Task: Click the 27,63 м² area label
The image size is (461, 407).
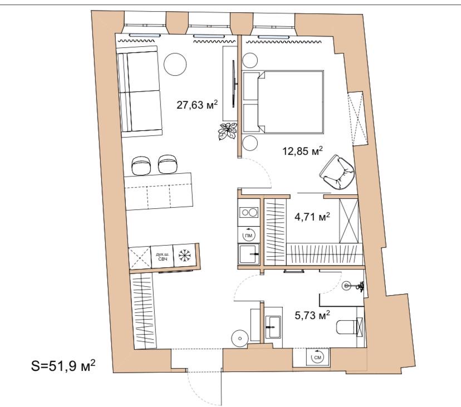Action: pos(197,105)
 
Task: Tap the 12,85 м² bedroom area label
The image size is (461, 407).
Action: pos(302,151)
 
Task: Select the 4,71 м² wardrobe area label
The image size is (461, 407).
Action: pos(312,217)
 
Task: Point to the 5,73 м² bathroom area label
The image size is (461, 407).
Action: pos(312,315)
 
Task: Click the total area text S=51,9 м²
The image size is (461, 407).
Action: pos(63,366)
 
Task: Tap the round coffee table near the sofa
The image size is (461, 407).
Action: pos(175,65)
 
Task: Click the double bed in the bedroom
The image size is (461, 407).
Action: pos(283,102)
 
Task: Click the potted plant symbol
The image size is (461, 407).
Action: pos(228,131)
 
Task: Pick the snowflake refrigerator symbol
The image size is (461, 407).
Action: pos(184,255)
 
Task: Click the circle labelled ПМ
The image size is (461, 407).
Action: pos(249,234)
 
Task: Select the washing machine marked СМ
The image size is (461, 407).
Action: pos(317,357)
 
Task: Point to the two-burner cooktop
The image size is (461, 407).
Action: pos(249,212)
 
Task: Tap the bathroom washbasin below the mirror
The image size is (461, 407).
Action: pos(273,326)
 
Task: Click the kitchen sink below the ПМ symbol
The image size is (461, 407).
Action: pos(249,254)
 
